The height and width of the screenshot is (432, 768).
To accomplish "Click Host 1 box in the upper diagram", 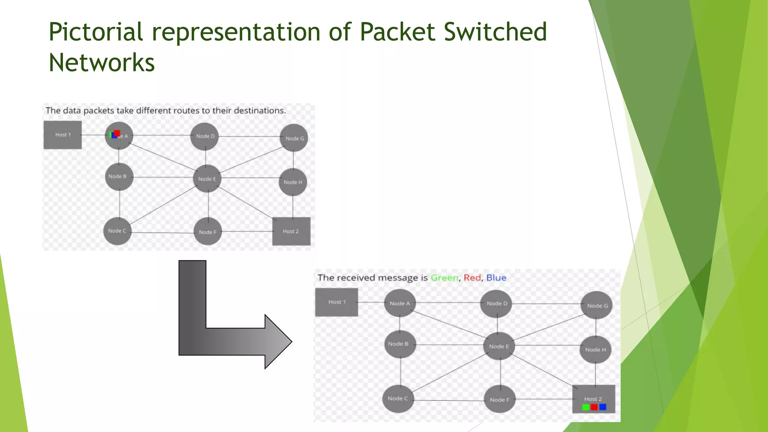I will click(63, 135).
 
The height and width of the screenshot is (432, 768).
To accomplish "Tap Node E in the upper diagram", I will click(207, 179).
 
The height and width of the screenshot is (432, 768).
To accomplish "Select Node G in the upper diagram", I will click(294, 138).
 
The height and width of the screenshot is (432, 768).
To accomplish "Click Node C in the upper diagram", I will click(117, 231).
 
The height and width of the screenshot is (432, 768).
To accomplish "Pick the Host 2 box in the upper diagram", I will click(291, 231).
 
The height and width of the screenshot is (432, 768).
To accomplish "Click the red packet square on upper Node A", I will click(117, 133).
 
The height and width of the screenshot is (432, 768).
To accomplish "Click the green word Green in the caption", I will click(444, 278).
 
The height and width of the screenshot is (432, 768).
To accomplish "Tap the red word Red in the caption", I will click(472, 278).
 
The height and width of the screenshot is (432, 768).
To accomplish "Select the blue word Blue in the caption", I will click(496, 278).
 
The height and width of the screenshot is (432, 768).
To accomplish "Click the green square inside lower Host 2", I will click(586, 407).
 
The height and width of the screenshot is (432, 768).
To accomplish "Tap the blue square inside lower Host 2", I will click(603, 407).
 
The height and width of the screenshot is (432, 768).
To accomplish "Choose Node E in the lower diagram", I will click(499, 346).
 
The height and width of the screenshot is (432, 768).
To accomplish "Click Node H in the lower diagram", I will click(595, 349).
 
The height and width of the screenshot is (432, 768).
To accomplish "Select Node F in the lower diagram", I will click(499, 400).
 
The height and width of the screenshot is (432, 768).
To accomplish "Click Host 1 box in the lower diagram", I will click(336, 302).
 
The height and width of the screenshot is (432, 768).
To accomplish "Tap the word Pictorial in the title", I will click(96, 31).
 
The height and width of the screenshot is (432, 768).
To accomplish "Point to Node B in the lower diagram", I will click(400, 344).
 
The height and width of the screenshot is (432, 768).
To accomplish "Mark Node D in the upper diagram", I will click(205, 136).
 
